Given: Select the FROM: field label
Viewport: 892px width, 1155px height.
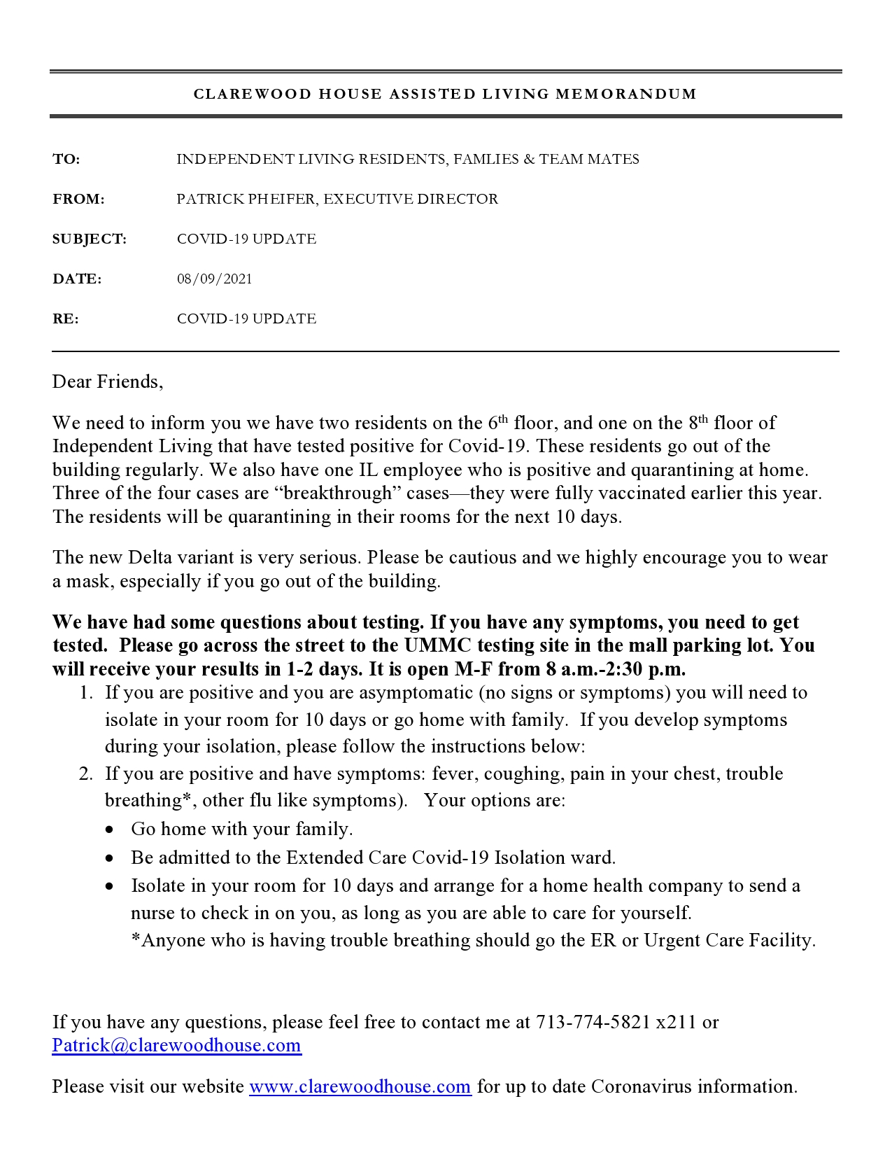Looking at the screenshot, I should [78, 199].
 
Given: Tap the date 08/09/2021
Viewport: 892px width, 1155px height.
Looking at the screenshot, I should [214, 279].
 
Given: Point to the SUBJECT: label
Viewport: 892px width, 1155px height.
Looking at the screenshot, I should [90, 239].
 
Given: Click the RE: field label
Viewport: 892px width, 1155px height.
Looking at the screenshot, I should [66, 319].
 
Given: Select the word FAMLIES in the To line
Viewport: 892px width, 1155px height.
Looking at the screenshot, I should [485, 160].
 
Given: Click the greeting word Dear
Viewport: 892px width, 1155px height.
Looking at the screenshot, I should [72, 382].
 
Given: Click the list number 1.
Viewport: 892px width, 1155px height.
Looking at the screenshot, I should [86, 693].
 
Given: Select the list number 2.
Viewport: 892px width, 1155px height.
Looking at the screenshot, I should [86, 774].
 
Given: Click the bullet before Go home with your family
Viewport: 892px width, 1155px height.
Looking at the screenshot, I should [110, 829].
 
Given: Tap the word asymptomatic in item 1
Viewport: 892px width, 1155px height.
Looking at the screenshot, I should [416, 693].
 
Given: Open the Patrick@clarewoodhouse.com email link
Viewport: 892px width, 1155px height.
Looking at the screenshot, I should [176, 1046].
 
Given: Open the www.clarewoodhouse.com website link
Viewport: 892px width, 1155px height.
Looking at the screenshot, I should [360, 1087].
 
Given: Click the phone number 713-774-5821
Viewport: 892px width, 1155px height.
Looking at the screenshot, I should [593, 1023].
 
